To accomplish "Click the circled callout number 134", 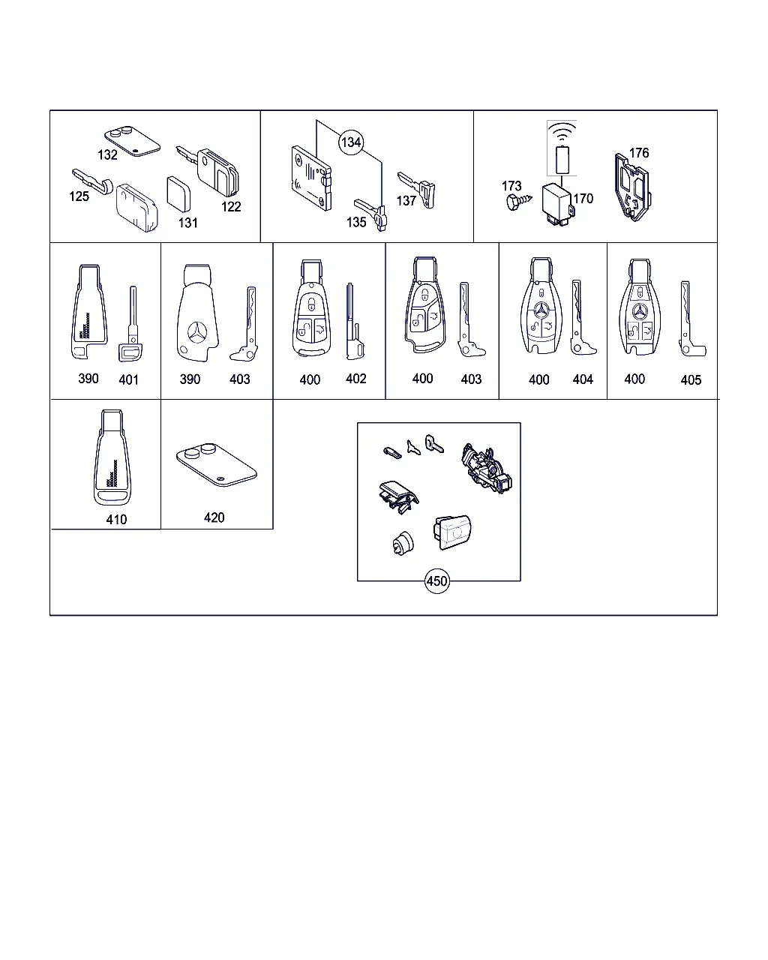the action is (351, 142).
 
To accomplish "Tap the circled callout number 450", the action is (436, 580).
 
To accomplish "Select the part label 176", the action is (638, 153).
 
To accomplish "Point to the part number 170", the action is (583, 199).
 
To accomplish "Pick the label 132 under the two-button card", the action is (107, 154).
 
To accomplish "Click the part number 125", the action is (79, 196).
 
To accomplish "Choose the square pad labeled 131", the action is (178, 193).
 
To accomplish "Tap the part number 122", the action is (231, 206).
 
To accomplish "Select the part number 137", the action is (406, 201).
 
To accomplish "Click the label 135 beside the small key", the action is (356, 222).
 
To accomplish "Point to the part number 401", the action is (128, 379).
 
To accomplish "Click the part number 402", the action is (355, 379).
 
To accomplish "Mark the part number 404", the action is (583, 379).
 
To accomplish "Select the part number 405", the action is (691, 380).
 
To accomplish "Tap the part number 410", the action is (116, 519).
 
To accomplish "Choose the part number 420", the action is (214, 517).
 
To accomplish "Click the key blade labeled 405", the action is (691, 319).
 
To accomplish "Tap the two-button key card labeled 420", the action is (217, 465).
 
